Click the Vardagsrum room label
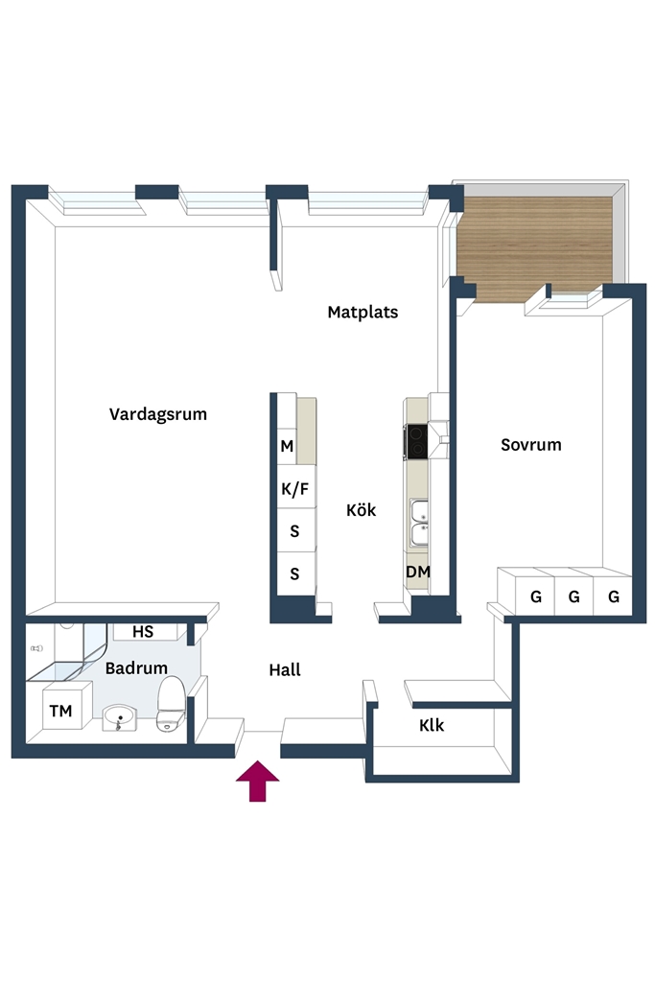pyautogui.click(x=158, y=414)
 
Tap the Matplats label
pyautogui.click(x=363, y=312)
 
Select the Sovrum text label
pyautogui.click(x=531, y=445)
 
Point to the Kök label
pyautogui.click(x=362, y=510)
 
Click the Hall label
pyautogui.click(x=285, y=670)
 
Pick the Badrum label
pyautogui.click(x=136, y=668)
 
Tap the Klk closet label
pyautogui.click(x=432, y=725)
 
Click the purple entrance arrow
pyautogui.click(x=257, y=781)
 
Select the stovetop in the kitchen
pyautogui.click(x=416, y=441)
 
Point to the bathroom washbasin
pyautogui.click(x=119, y=717)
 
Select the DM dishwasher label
pyautogui.click(x=418, y=572)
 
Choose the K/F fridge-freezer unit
pyautogui.click(x=295, y=488)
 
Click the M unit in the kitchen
pyautogui.click(x=287, y=446)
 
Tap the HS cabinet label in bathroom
pyautogui.click(x=143, y=632)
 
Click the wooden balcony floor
pyautogui.click(x=533, y=245)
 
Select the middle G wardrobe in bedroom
pyautogui.click(x=574, y=596)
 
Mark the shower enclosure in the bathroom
pyautogui.click(x=69, y=651)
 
